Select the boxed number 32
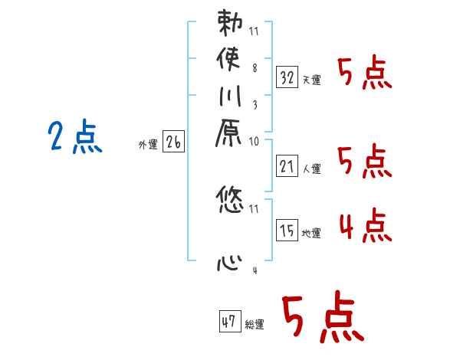287,77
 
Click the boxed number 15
287,230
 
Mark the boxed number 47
229,322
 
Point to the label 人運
311,167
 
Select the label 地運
311,233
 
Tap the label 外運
148,144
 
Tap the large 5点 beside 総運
323,318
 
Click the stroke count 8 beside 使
254,67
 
